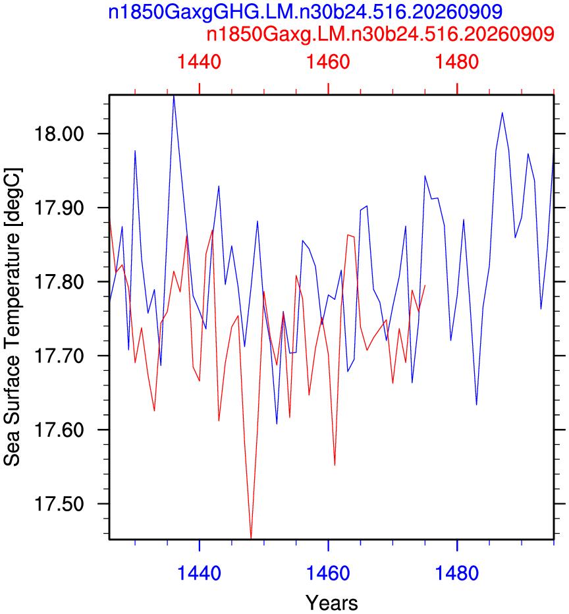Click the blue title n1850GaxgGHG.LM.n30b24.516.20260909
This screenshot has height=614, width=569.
tap(305, 12)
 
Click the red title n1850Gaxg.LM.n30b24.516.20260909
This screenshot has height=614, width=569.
tap(381, 34)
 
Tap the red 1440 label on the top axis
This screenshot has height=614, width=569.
tap(199, 62)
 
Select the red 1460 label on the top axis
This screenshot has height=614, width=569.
tap(328, 62)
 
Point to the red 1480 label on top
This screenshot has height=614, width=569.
tap(456, 62)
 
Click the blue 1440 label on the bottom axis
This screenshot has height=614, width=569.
tap(199, 573)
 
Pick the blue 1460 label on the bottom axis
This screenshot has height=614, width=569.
tap(328, 573)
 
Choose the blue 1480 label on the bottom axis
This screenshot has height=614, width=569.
tap(456, 573)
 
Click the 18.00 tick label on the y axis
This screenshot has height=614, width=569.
tap(59, 134)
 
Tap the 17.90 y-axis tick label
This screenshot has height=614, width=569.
tap(59, 208)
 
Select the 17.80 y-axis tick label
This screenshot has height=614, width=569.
tap(59, 281)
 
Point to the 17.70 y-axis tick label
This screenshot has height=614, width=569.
tap(59, 356)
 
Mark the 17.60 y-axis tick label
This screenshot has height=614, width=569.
tap(59, 430)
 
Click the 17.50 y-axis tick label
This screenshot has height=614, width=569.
tap(59, 503)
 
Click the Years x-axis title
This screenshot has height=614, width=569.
tap(331, 603)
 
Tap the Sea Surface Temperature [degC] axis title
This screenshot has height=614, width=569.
tap(13, 317)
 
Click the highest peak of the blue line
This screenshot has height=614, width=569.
tap(174, 96)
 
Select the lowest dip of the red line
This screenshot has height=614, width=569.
tap(251, 538)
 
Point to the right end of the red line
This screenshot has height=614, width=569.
tap(425, 285)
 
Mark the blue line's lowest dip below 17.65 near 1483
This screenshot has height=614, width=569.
tap(476, 405)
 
